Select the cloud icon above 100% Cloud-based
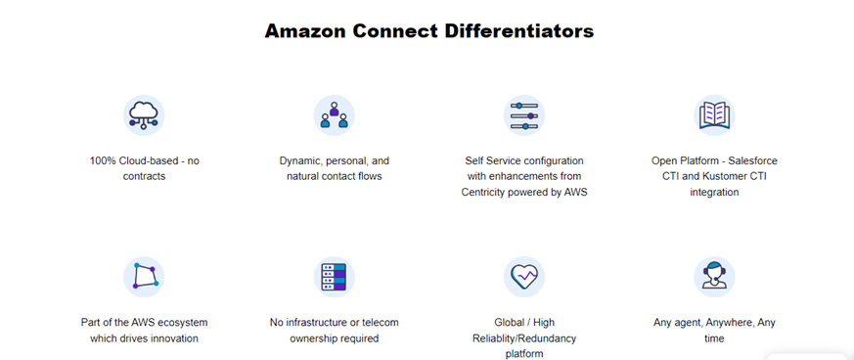[x=144, y=115]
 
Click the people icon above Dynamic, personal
[x=334, y=115]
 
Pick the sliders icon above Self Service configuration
[x=524, y=115]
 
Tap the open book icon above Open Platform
[x=714, y=115]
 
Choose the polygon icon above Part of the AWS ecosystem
[x=144, y=277]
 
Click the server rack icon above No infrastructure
[x=334, y=277]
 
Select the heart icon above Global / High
[x=524, y=277]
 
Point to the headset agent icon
[x=714, y=277]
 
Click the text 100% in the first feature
[x=103, y=160]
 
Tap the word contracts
[x=144, y=176]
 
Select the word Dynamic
[x=302, y=160]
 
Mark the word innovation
[x=171, y=338]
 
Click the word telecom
[x=373, y=322]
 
